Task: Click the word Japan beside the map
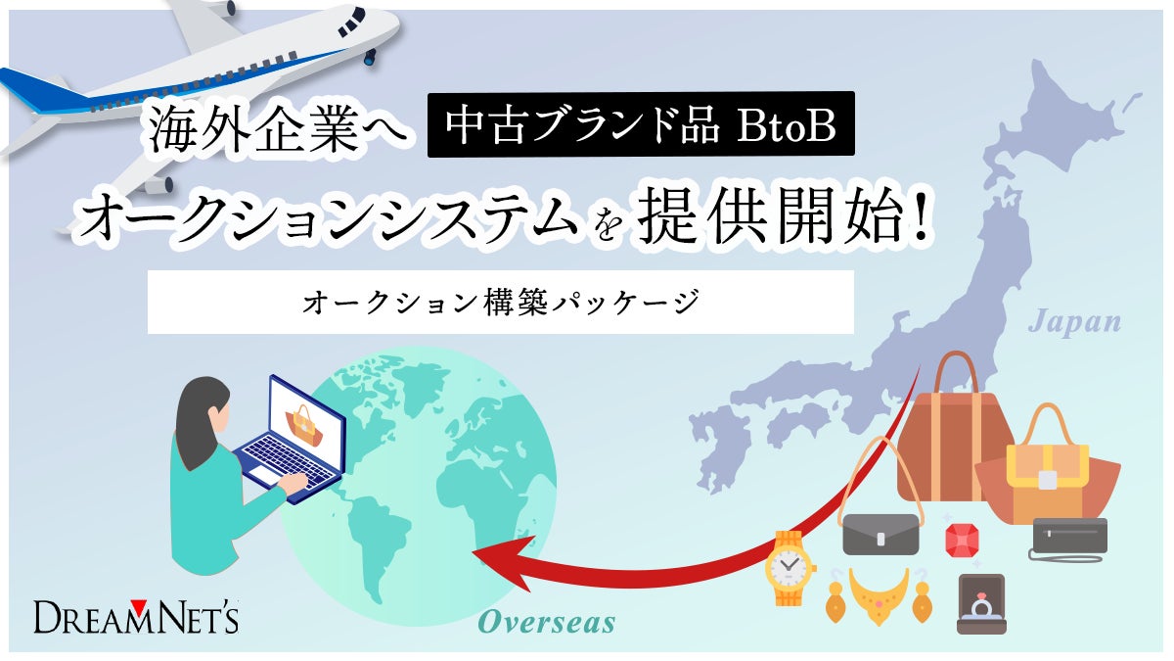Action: click(1074, 321)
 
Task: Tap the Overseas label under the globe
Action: click(546, 623)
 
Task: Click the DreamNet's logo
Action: click(136, 617)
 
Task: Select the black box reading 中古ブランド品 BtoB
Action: click(641, 124)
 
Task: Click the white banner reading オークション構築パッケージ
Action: click(500, 302)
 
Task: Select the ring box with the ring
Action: click(980, 605)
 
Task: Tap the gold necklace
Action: click(879, 592)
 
